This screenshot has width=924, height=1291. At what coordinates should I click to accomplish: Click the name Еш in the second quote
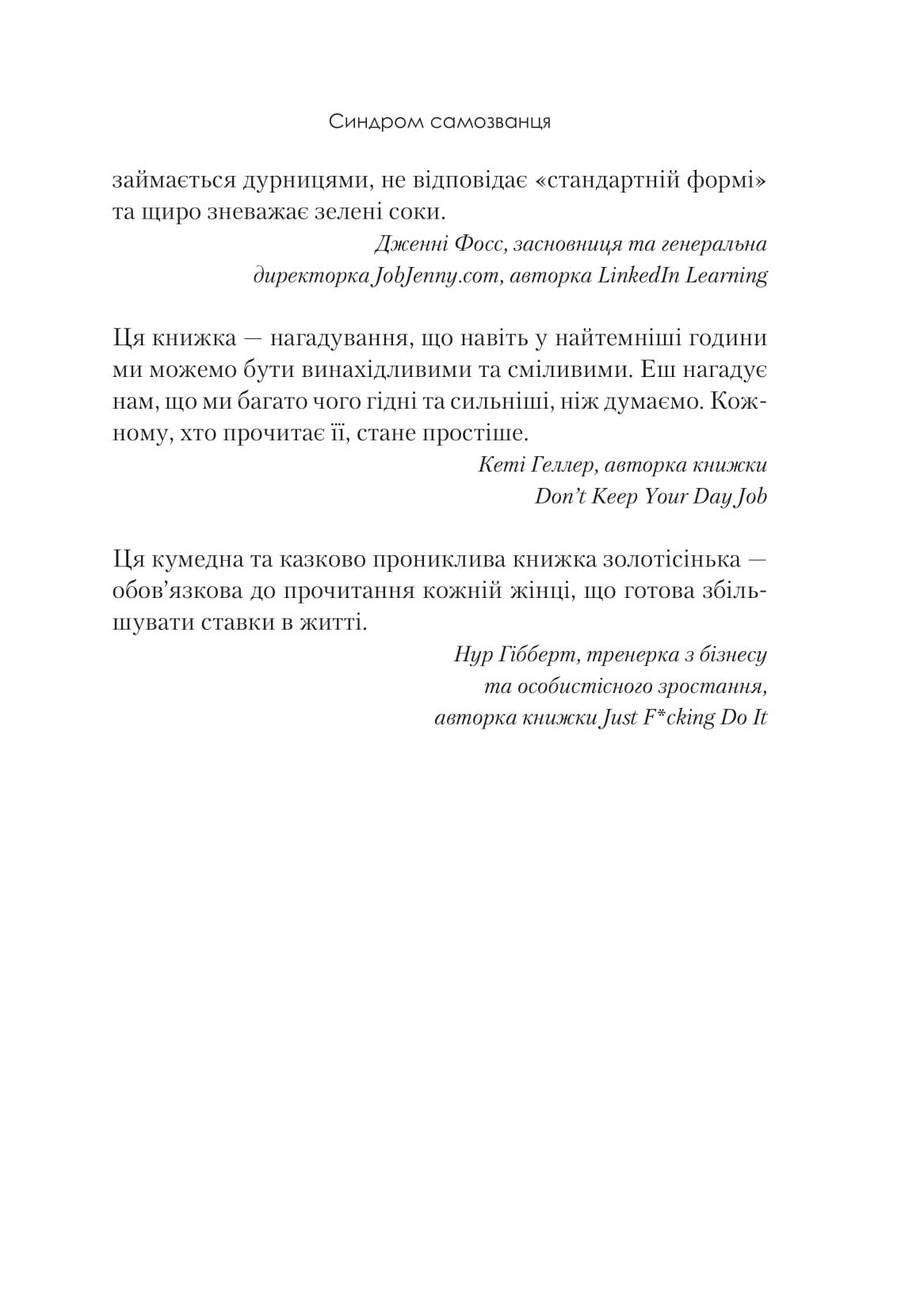[x=654, y=371]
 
